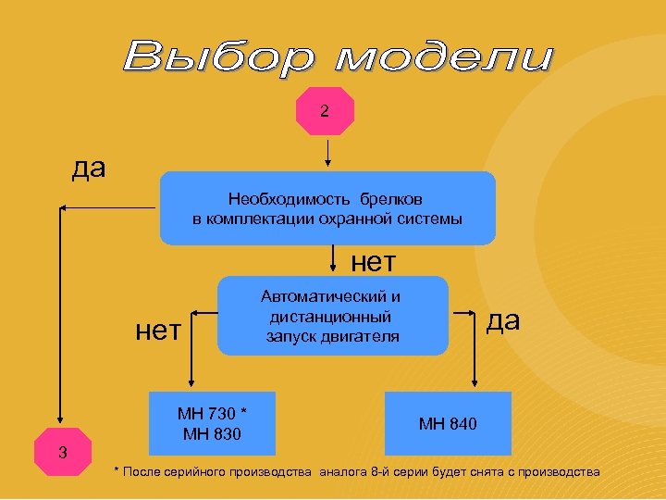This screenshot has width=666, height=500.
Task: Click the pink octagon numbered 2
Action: coord(324,111)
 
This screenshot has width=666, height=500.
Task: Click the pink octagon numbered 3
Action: coord(62,452)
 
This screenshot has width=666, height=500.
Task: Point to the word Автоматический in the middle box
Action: coord(331,296)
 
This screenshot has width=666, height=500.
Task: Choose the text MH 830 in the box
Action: coord(213,432)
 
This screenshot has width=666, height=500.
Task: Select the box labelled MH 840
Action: coord(448,423)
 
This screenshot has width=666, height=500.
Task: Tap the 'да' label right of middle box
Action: coord(503,321)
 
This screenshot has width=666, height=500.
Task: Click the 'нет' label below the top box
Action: coord(374,263)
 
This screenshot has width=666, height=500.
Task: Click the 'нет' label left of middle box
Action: coord(158,329)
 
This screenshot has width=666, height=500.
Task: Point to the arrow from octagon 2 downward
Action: coord(327,153)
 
